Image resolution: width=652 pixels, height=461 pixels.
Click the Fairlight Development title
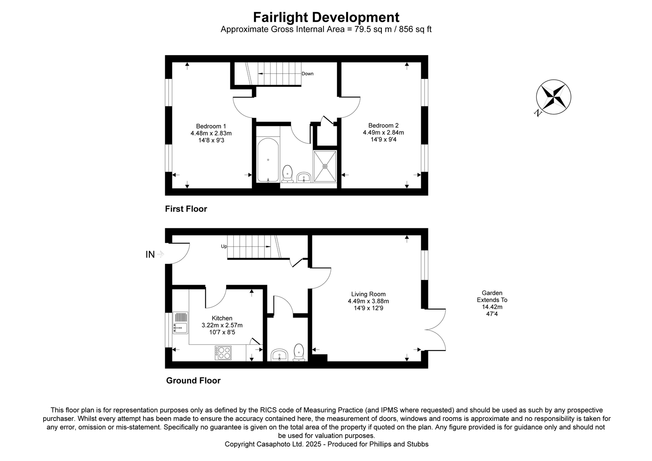click(x=326, y=17)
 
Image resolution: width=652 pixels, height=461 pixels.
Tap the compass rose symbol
click(x=553, y=96)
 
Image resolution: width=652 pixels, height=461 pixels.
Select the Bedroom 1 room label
click(x=211, y=126)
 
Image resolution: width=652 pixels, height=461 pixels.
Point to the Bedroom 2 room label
click(x=383, y=125)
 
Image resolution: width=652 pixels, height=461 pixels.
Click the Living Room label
click(x=368, y=294)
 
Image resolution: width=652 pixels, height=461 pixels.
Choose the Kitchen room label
click(x=222, y=318)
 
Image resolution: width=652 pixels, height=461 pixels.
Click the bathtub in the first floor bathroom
click(x=268, y=160)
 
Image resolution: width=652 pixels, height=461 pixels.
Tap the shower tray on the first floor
click(x=325, y=166)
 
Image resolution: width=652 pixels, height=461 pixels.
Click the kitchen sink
click(x=180, y=323)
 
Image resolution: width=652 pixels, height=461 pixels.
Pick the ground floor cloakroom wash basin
click(x=279, y=355)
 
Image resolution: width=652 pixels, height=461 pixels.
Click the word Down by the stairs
click(x=307, y=74)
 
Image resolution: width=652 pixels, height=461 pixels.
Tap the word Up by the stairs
click(x=224, y=246)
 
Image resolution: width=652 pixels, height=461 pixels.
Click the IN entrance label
click(x=150, y=254)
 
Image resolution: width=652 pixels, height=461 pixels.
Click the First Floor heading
click(x=186, y=209)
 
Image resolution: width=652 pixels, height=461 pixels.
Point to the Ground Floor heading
click(x=193, y=380)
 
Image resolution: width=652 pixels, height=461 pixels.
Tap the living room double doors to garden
click(x=435, y=329)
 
